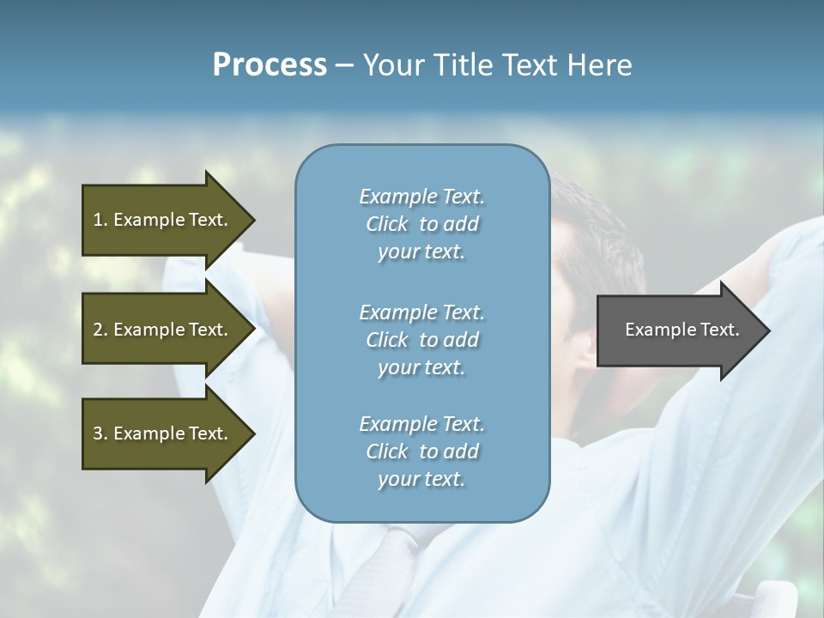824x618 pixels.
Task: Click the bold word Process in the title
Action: click(x=270, y=65)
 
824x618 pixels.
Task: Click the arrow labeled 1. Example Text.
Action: click(x=161, y=220)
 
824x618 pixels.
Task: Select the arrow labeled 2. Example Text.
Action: click(x=161, y=330)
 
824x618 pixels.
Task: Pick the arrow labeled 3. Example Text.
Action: click(x=161, y=433)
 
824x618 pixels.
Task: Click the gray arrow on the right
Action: click(x=678, y=330)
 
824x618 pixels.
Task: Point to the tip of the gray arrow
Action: click(x=767, y=330)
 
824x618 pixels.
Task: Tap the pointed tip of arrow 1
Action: click(x=253, y=220)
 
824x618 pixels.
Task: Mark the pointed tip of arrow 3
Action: click(x=253, y=433)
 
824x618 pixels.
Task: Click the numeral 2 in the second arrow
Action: click(x=98, y=330)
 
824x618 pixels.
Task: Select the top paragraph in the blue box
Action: click(x=421, y=224)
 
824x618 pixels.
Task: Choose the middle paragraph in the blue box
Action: click(x=421, y=340)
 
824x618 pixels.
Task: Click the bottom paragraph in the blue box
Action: click(x=421, y=451)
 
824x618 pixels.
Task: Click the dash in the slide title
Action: click(x=344, y=66)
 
